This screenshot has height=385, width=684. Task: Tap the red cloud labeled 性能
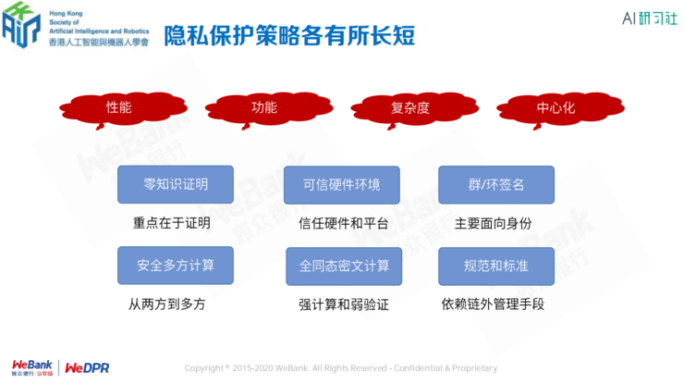point(118,108)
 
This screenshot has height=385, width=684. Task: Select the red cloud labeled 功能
point(264,108)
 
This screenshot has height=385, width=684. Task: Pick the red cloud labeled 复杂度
point(410,108)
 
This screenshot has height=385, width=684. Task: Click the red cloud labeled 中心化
point(556,108)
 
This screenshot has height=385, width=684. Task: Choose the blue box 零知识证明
point(176,185)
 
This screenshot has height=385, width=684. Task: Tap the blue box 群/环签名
point(495,185)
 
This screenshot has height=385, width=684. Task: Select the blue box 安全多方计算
point(176,266)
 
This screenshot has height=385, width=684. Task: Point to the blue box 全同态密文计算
point(344,266)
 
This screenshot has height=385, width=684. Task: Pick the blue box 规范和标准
point(495,266)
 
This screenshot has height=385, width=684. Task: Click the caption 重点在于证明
point(172,223)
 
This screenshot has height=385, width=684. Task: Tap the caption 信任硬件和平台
point(343,223)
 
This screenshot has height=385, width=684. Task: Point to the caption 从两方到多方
point(166,304)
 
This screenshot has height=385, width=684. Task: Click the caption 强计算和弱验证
point(343,304)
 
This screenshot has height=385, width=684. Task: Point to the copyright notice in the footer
point(341,367)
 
